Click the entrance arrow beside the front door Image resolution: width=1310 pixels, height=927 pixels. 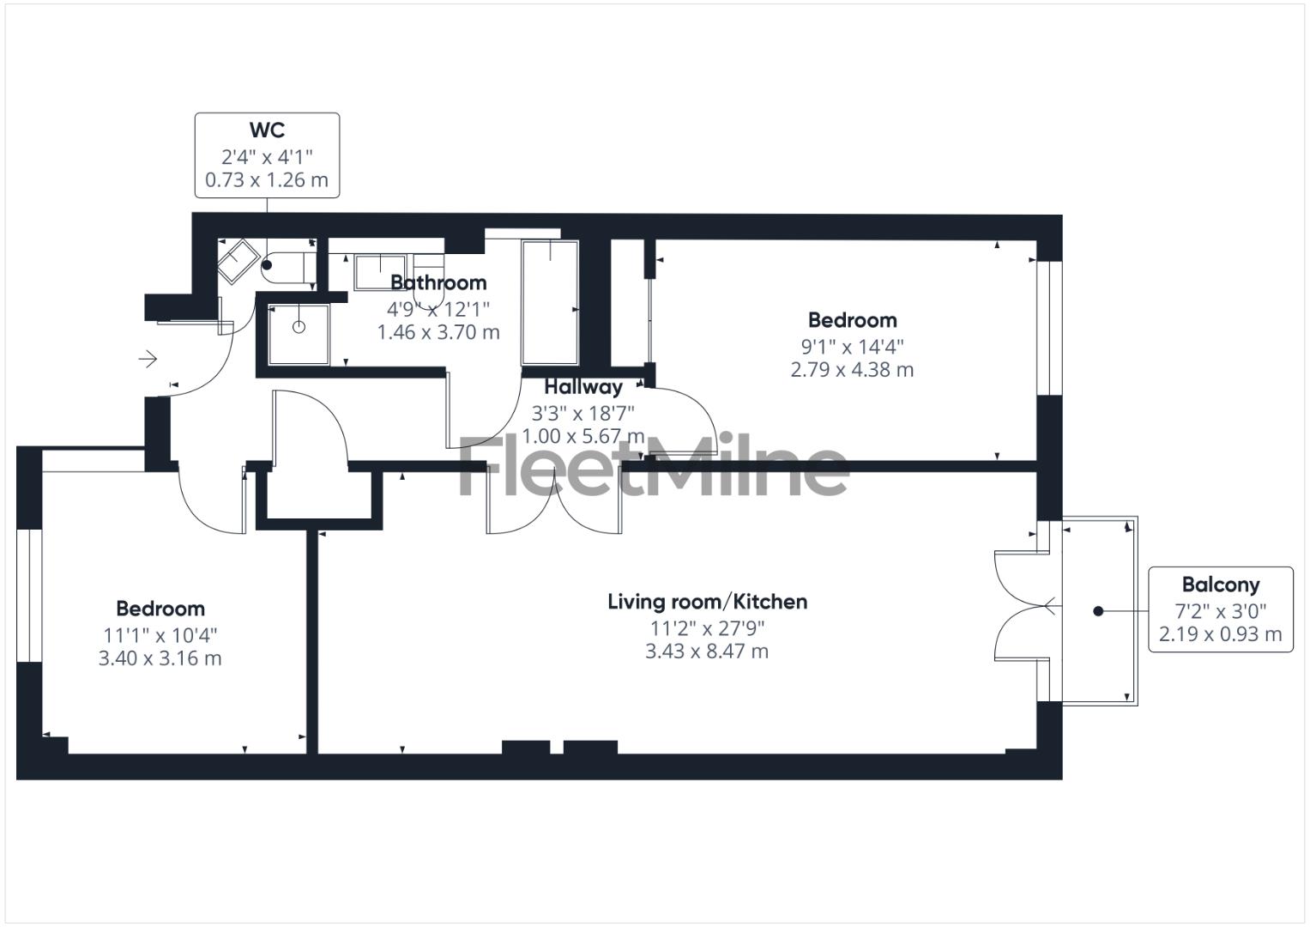pyautogui.click(x=148, y=359)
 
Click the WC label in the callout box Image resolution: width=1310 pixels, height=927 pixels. pyautogui.click(x=267, y=130)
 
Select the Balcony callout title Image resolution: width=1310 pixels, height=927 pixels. pyautogui.click(x=1220, y=585)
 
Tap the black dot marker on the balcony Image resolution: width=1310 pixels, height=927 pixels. pyautogui.click(x=1098, y=611)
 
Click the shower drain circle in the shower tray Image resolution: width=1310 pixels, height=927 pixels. pyautogui.click(x=299, y=327)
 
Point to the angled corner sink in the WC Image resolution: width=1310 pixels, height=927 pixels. pyautogui.click(x=238, y=260)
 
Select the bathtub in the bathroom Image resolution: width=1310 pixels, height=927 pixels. pyautogui.click(x=550, y=302)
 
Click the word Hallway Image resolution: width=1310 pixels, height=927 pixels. pyautogui.click(x=583, y=387)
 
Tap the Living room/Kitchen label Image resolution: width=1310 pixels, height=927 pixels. pyautogui.click(x=707, y=602)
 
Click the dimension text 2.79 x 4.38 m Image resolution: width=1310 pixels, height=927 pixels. pyautogui.click(x=851, y=370)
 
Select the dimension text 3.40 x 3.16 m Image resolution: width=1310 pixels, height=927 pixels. pyautogui.click(x=160, y=658)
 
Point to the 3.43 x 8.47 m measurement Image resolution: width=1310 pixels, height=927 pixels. pyautogui.click(x=707, y=651)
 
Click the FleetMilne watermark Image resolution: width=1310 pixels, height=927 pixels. pyautogui.click(x=652, y=466)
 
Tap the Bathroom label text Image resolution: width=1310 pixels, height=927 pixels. pyautogui.click(x=438, y=282)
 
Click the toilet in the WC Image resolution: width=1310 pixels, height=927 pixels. pyautogui.click(x=286, y=267)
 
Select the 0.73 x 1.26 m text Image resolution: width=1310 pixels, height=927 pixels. pyautogui.click(x=267, y=180)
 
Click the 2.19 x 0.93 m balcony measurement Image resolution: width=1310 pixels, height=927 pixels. pyautogui.click(x=1220, y=634)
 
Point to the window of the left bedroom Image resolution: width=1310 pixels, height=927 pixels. pyautogui.click(x=29, y=596)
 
